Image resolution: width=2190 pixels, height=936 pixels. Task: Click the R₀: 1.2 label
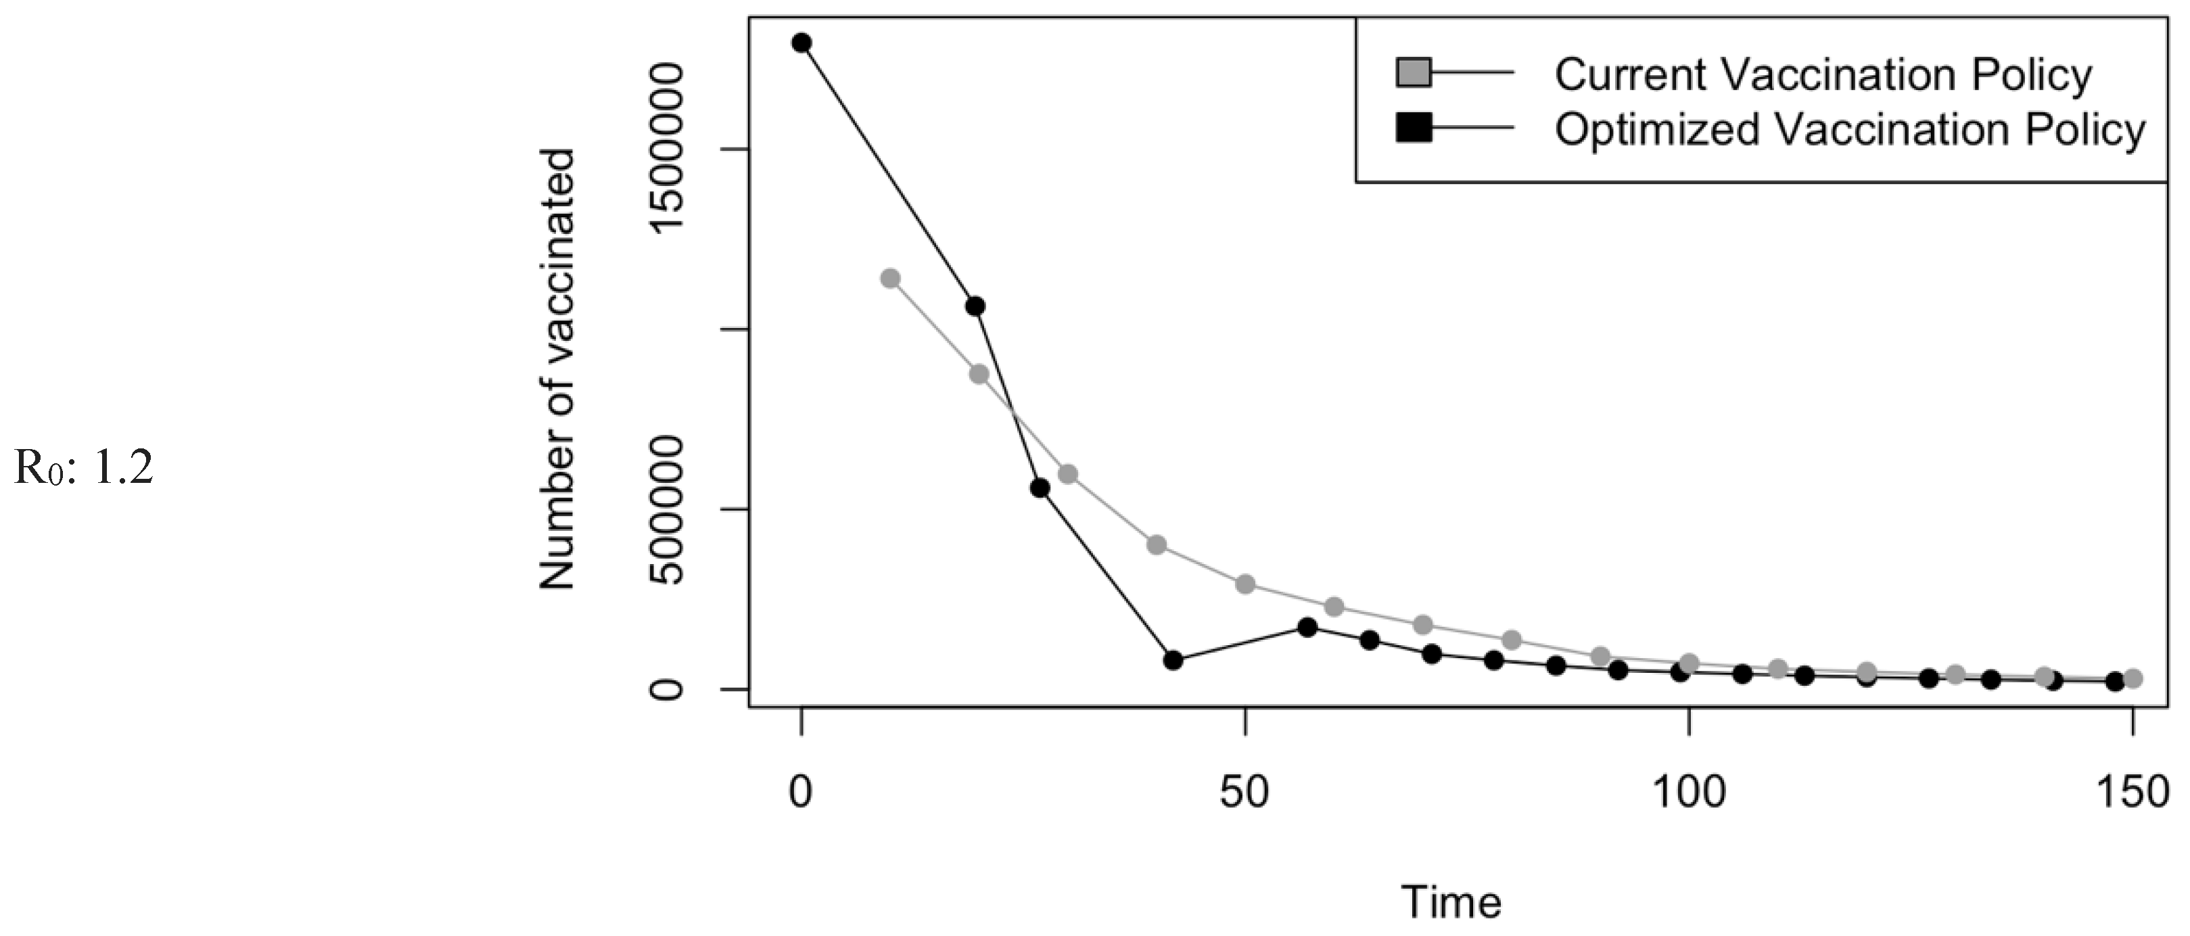83,467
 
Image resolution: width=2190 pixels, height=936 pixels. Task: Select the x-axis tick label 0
801,793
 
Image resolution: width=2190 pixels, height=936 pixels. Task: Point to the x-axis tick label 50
1244,793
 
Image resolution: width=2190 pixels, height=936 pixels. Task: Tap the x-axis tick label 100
1688,793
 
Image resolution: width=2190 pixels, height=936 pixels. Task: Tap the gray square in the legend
1414,73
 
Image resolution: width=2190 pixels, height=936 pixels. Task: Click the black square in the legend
1414,128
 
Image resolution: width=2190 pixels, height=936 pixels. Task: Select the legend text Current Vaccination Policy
1823,75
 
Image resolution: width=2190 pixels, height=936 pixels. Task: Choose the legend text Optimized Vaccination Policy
1850,130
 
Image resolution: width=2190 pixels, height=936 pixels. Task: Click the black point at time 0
801,43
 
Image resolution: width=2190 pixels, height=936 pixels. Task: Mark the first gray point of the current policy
890,278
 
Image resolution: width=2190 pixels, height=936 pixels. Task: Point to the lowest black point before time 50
1173,659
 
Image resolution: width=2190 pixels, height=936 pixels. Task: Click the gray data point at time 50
1245,584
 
